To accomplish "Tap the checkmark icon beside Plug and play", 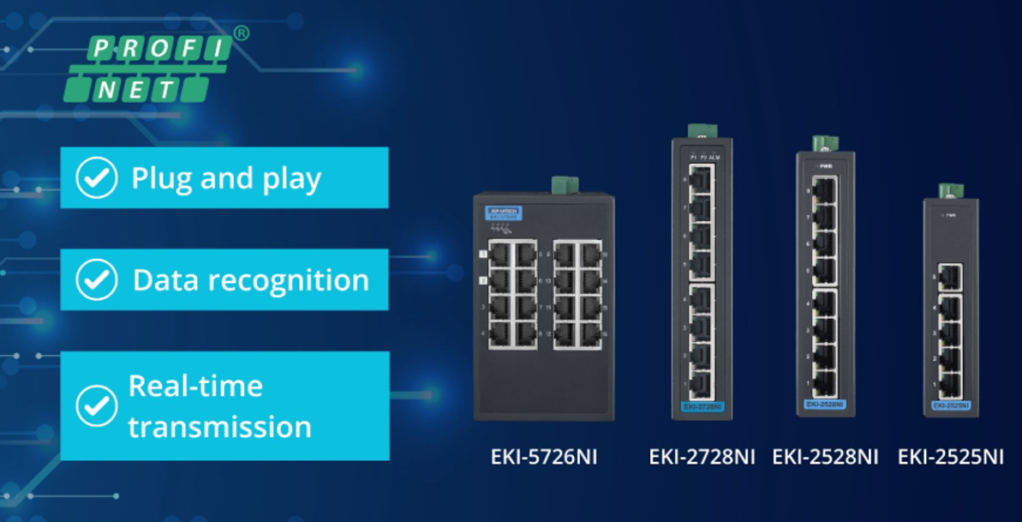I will (97, 177).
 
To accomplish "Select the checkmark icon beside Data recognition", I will (97, 279).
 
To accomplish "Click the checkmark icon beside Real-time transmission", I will (97, 406).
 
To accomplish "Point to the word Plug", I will (161, 178).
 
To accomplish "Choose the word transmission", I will (219, 426).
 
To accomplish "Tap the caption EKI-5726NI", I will (543, 456).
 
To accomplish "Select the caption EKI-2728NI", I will (702, 456).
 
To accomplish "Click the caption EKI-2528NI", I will (825, 456).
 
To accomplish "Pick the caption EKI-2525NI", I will (950, 456).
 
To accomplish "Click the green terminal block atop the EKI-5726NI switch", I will (564, 185).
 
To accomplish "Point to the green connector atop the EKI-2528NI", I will (824, 143).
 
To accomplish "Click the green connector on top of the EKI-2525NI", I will (950, 191).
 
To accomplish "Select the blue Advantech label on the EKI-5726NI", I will (502, 212).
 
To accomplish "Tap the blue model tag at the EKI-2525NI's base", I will (950, 404).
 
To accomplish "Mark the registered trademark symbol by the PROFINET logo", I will (242, 33).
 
